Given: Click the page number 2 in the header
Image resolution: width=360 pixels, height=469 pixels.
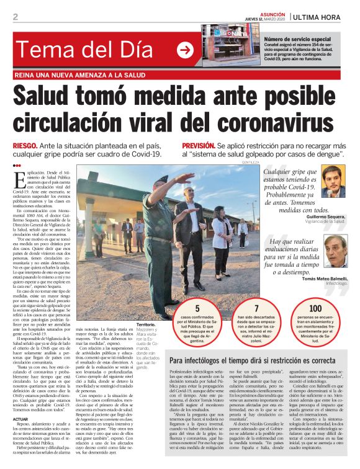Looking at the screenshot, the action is tap(15, 17).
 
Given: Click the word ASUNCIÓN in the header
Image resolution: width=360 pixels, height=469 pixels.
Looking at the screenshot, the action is tap(268, 12).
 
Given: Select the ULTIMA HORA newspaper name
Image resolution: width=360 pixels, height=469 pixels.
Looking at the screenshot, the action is tap(320, 16).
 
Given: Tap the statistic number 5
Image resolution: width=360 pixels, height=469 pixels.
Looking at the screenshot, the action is tap(197, 307).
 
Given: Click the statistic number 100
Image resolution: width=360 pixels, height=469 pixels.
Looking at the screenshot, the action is tap(315, 307).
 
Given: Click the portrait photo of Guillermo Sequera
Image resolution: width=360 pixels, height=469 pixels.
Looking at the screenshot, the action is tap(333, 182).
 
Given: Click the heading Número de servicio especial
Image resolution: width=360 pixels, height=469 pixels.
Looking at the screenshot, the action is tap(298, 39).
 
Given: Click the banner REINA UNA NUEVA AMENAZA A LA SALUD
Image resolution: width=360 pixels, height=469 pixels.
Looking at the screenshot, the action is tap(83, 75).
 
